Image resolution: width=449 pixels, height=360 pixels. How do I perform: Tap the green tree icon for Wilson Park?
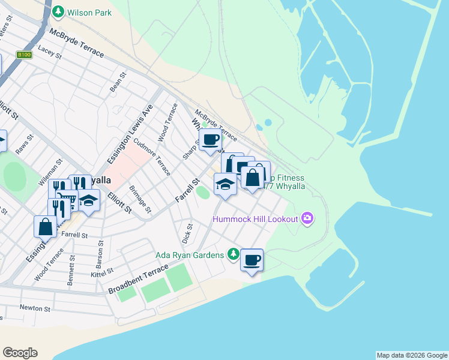click(x=58, y=11)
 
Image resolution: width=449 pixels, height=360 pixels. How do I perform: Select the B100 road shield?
click(x=25, y=55)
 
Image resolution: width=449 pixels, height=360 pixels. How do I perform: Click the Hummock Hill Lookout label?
click(x=255, y=218)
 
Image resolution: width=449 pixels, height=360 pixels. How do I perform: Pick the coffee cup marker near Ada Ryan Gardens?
click(x=252, y=260)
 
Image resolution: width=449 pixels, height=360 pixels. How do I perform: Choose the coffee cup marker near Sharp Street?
click(x=210, y=140)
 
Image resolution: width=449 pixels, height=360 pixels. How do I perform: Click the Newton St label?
click(x=35, y=308)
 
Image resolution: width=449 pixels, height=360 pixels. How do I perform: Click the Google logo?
click(x=20, y=353)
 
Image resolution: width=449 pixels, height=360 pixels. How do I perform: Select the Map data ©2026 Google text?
click(x=412, y=355)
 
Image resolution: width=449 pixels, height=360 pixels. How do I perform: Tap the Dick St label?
click(x=188, y=233)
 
